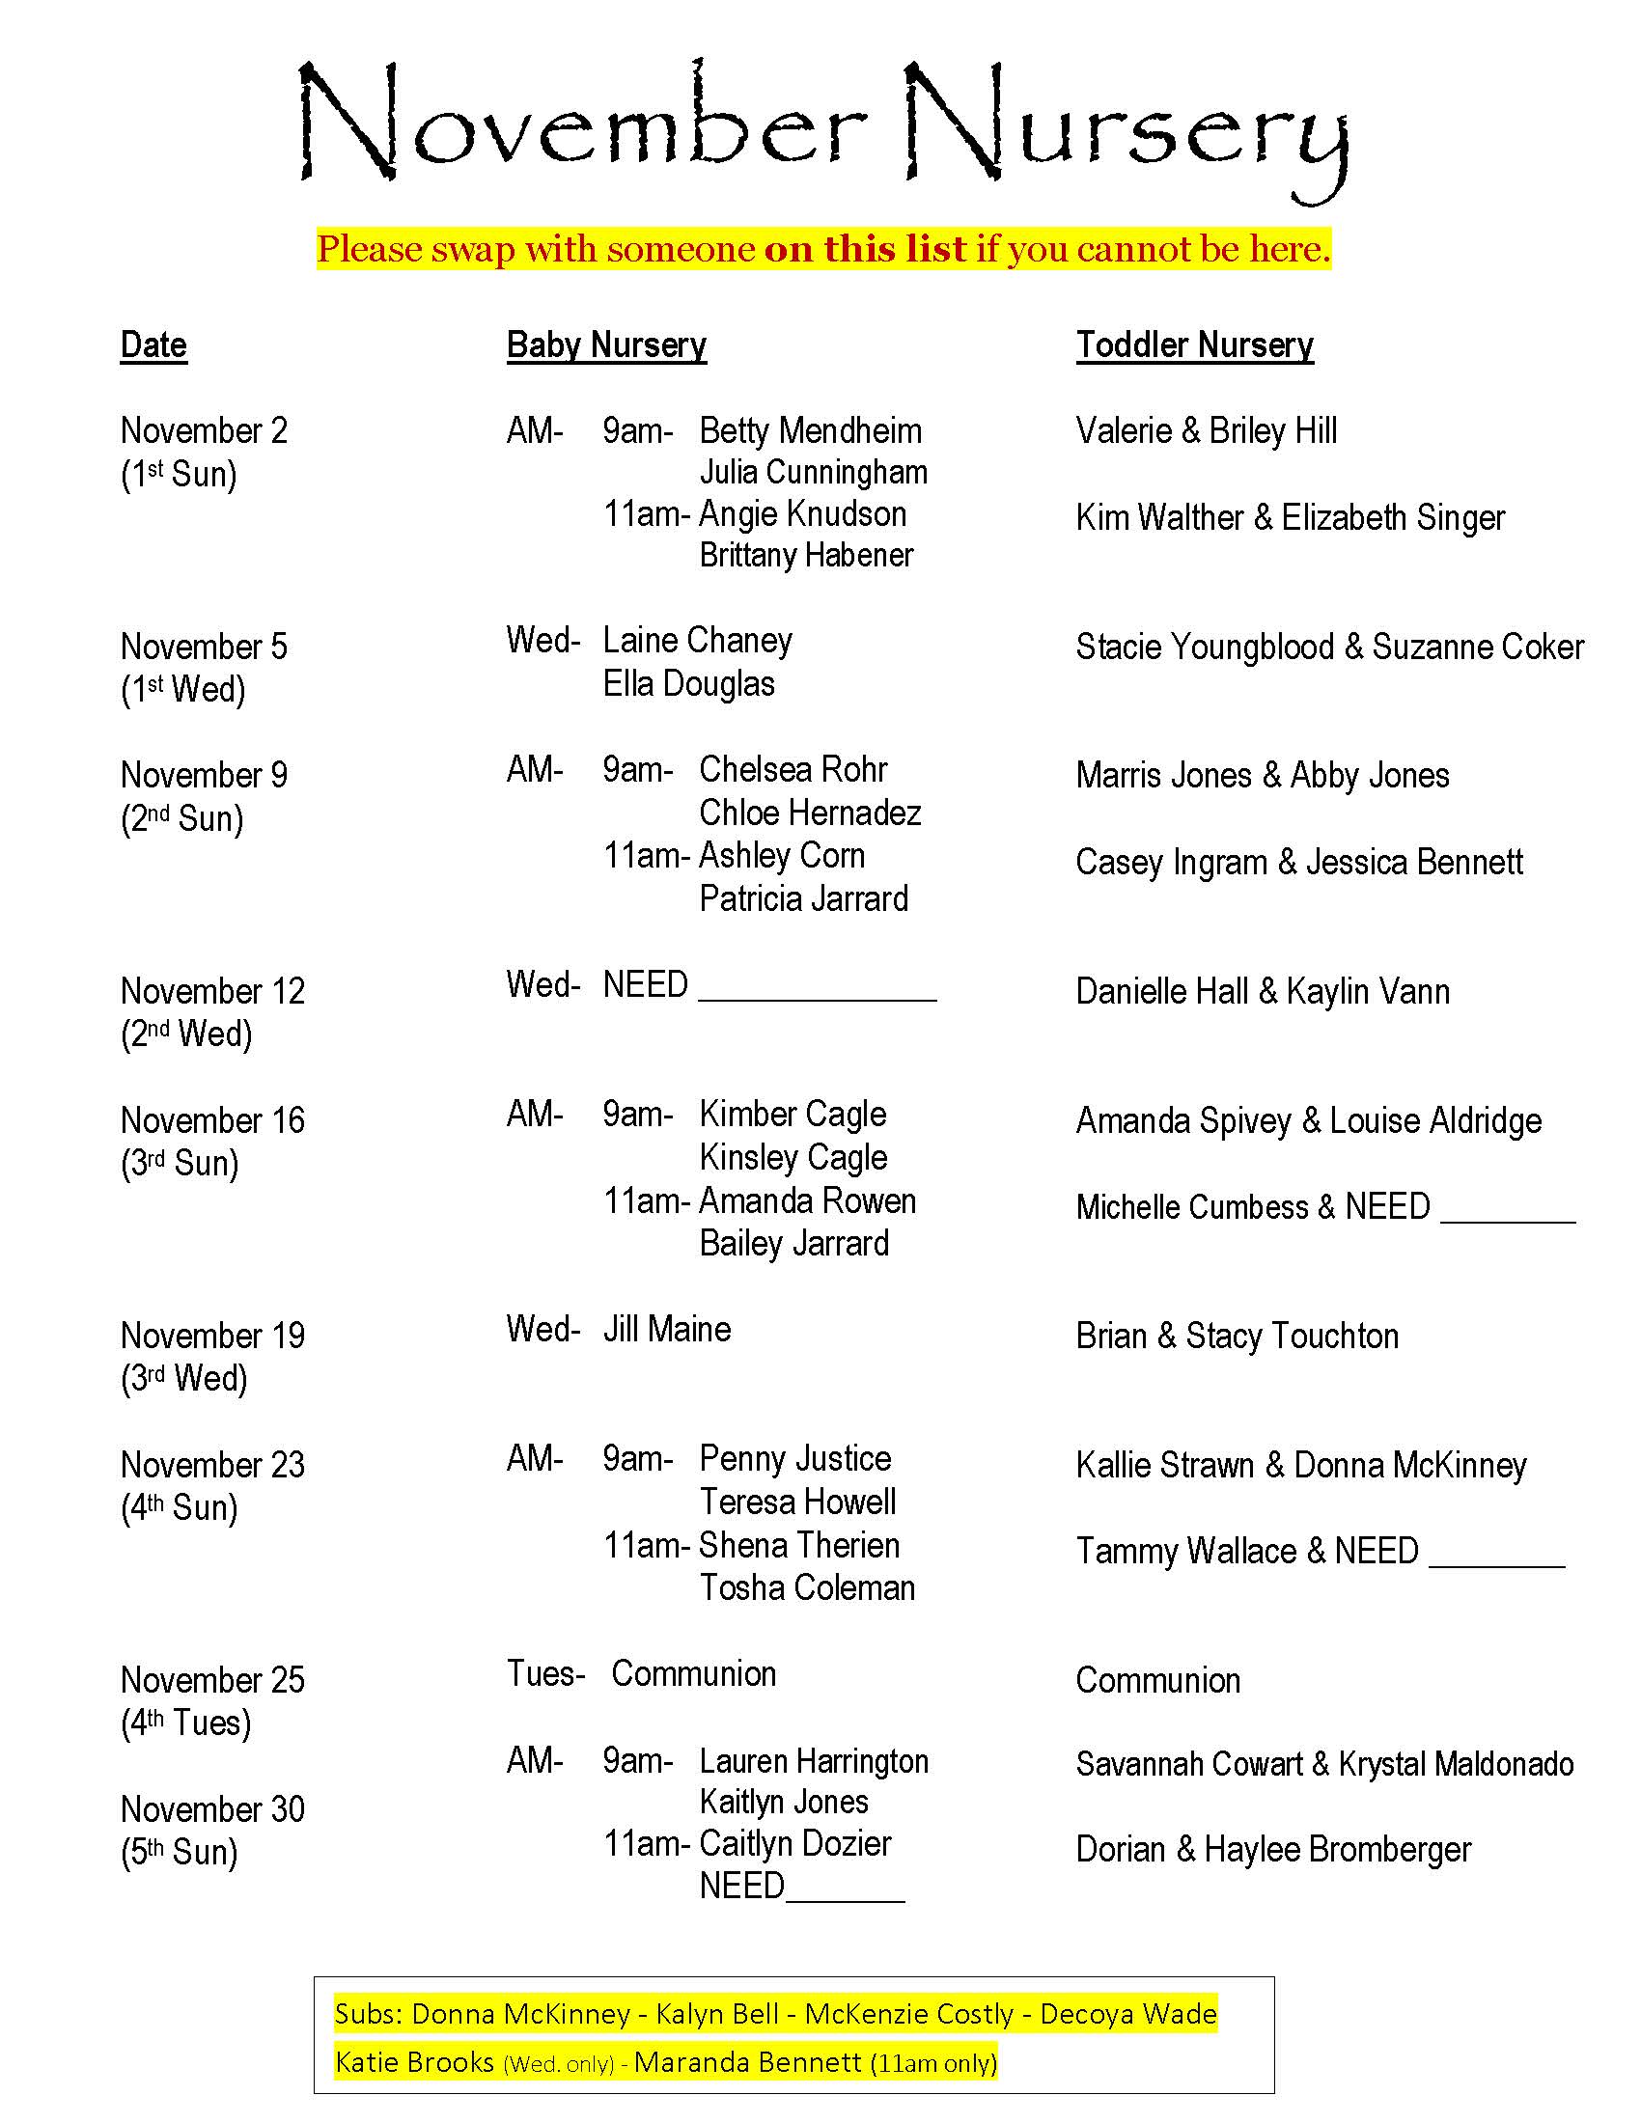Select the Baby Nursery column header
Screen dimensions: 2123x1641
click(606, 346)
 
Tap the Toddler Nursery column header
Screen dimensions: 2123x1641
click(1194, 346)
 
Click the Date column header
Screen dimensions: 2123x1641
click(153, 346)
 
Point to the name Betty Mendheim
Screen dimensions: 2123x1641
click(810, 430)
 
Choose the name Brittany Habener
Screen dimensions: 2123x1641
click(806, 555)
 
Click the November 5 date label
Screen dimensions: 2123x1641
click(204, 647)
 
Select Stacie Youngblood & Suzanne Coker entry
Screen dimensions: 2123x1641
click(1329, 648)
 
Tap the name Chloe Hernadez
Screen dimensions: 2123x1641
click(810, 813)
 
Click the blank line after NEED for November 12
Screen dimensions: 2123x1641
click(817, 991)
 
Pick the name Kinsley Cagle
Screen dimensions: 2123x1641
click(793, 1158)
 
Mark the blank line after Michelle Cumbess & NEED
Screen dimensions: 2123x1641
click(1507, 1213)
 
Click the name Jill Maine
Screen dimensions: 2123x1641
click(667, 1330)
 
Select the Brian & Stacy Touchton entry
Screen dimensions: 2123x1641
click(1237, 1337)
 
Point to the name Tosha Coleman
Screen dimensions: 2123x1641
click(807, 1588)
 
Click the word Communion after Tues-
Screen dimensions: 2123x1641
click(693, 1674)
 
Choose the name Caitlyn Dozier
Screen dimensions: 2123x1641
click(795, 1844)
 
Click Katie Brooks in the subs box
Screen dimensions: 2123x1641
click(414, 2062)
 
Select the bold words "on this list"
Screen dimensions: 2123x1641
click(865, 250)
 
